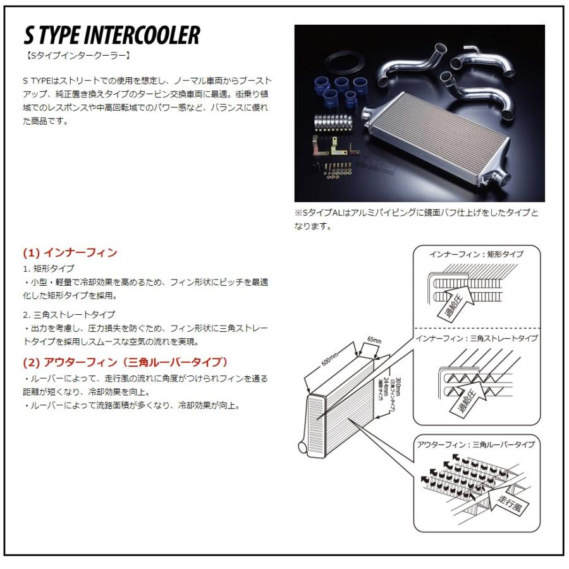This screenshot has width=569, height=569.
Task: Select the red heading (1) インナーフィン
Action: (70, 252)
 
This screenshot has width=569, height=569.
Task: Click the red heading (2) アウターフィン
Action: (125, 362)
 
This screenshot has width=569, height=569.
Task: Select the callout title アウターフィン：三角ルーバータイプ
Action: (475, 444)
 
